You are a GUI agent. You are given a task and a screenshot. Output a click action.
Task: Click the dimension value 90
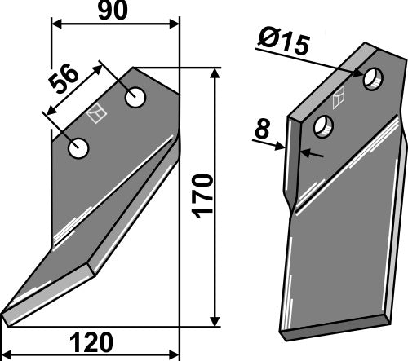tap(114, 11)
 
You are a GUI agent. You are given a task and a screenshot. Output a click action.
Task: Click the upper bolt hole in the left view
tap(135, 97)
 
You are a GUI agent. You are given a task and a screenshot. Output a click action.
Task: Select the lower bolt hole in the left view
tap(78, 149)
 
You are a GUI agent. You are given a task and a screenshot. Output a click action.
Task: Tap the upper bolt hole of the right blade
tap(374, 78)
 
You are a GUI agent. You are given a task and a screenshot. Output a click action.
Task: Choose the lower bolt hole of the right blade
tap(324, 126)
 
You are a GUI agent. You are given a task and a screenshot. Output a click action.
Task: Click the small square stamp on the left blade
tap(96, 117)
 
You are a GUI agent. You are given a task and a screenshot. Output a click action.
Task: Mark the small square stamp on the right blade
tap(339, 95)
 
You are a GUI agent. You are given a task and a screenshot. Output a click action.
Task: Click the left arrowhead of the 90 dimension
tap(56, 24)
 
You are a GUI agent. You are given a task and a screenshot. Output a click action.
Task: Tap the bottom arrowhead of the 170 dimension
tap(215, 321)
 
